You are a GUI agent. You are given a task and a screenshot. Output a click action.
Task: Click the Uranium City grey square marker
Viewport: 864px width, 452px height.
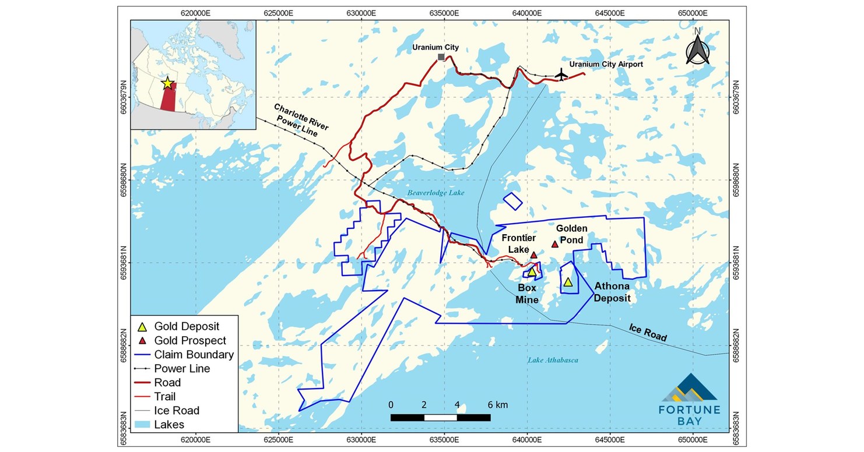pos(441,57)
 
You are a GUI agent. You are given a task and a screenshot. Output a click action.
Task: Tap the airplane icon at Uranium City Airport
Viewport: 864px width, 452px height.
pos(561,75)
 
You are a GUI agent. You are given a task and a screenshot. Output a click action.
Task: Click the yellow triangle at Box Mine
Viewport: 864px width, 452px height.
pos(531,271)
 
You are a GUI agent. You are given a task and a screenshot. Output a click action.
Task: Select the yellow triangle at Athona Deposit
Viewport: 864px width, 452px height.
pos(568,282)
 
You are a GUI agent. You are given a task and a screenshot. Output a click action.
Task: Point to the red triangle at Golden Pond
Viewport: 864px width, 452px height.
pos(555,244)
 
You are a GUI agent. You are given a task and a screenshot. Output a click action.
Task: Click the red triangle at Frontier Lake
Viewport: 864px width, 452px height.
pos(533,255)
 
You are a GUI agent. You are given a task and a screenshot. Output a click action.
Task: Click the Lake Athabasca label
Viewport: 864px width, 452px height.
pos(553,361)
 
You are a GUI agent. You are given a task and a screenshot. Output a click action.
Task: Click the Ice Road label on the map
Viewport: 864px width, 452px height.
pos(648,332)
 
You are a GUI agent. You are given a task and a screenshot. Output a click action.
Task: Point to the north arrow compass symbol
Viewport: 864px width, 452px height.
pos(697,48)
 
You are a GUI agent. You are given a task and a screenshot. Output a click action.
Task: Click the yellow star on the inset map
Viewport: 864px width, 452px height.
pos(167,83)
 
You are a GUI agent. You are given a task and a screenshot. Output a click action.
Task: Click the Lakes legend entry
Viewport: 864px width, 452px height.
pos(168,424)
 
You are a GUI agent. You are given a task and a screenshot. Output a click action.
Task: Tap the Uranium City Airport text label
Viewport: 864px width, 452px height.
pos(606,64)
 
